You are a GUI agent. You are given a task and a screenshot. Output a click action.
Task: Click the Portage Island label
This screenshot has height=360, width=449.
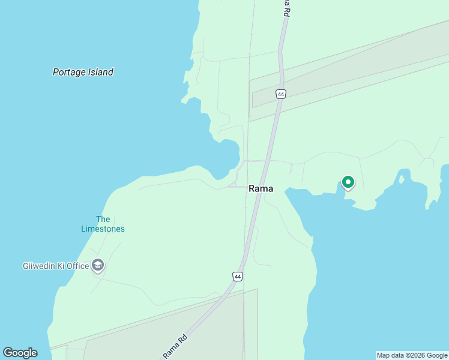(x=83, y=72)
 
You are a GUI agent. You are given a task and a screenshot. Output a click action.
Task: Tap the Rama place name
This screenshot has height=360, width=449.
(x=261, y=188)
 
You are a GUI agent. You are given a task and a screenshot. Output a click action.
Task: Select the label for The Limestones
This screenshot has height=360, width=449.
(x=103, y=224)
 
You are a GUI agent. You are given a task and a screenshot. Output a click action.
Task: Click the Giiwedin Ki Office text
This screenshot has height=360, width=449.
(x=56, y=266)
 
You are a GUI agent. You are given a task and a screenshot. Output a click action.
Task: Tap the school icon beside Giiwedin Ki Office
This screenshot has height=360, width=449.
(x=98, y=265)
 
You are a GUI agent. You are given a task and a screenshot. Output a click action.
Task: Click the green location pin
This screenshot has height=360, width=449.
(x=348, y=182)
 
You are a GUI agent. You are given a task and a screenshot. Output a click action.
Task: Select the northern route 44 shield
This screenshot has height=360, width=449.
(x=281, y=94)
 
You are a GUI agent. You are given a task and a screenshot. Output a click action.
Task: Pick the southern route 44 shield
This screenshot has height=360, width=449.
(x=238, y=276)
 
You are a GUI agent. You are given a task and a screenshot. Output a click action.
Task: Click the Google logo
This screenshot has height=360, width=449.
(x=20, y=353)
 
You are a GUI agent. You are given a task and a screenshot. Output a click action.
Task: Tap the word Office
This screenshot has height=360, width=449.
(x=77, y=266)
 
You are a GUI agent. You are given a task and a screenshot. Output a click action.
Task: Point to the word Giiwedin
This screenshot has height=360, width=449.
(x=40, y=266)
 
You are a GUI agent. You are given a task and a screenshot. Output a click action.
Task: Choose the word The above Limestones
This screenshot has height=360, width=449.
(x=103, y=219)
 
